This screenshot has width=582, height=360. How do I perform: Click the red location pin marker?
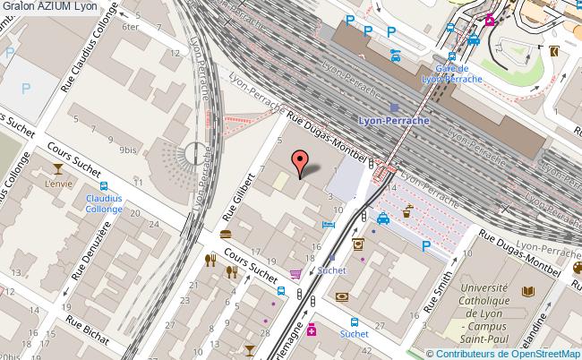click(x=299, y=162)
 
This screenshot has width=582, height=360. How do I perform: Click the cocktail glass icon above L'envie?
click(x=58, y=168)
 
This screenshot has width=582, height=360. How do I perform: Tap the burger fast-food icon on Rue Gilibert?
click(x=225, y=235)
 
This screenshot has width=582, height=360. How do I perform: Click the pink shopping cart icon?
click(x=295, y=274)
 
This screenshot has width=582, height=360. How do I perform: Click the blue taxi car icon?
click(x=383, y=218)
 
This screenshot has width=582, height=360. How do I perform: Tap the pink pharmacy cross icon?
click(x=312, y=330)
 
